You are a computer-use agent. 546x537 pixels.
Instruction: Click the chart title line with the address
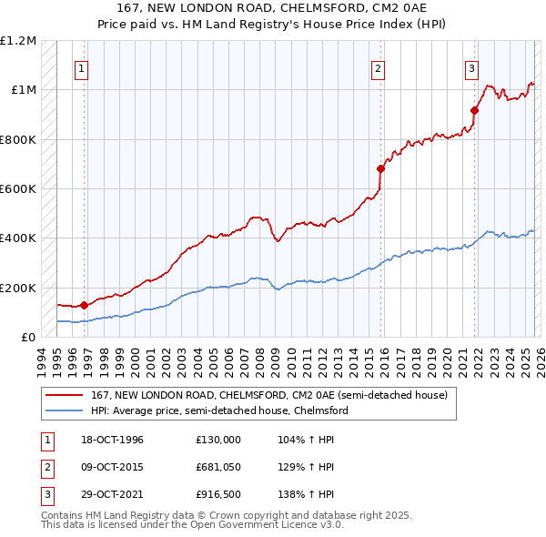(x=272, y=8)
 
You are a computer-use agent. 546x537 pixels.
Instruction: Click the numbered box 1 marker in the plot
(x=82, y=67)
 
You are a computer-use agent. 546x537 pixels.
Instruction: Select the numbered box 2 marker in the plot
(x=378, y=67)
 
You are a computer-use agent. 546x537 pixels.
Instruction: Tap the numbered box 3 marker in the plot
(x=472, y=67)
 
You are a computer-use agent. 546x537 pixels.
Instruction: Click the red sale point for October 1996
(x=85, y=306)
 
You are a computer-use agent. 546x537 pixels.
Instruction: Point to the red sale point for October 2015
(x=380, y=168)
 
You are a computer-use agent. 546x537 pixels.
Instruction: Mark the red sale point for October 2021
(x=474, y=111)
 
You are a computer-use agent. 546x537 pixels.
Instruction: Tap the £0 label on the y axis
(x=28, y=338)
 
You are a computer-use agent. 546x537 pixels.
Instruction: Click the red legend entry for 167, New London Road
(x=268, y=396)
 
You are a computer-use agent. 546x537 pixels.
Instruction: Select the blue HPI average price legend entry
(x=218, y=411)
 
